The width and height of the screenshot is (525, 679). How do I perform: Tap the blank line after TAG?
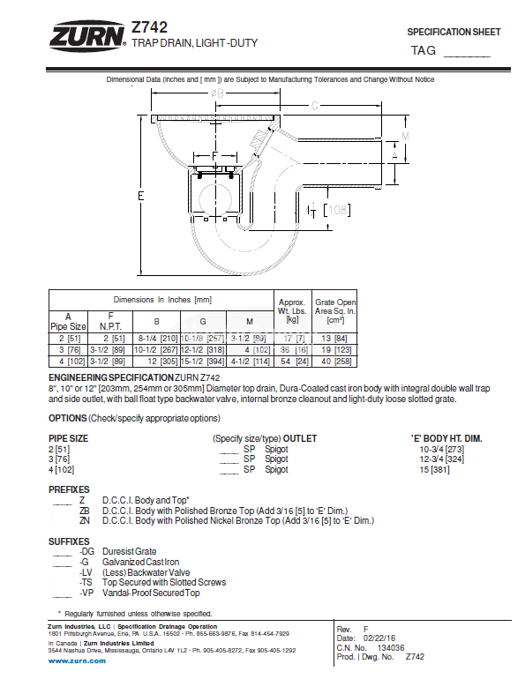click(465, 52)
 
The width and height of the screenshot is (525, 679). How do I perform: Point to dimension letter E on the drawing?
click(140, 195)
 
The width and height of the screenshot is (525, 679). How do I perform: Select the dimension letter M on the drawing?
click(405, 136)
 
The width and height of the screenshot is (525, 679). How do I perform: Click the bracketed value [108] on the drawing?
click(336, 210)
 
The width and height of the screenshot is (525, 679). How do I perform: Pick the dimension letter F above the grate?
click(214, 156)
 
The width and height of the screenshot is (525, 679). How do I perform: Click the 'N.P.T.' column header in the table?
click(110, 325)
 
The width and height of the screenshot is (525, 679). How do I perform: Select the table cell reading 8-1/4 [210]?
click(157, 338)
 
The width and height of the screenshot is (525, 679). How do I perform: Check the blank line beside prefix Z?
click(61, 503)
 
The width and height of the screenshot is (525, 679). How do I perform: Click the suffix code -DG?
click(86, 552)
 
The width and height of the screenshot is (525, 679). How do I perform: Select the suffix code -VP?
click(86, 593)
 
